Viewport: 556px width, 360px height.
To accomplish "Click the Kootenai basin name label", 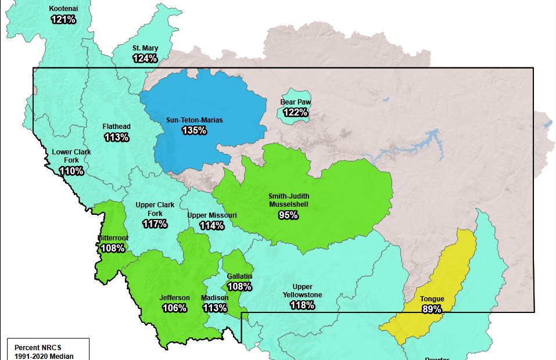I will (63, 9).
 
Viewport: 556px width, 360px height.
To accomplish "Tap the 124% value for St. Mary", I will (145, 58).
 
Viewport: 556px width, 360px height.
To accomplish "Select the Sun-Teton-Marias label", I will (194, 120).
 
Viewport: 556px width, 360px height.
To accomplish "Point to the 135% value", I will (194, 130).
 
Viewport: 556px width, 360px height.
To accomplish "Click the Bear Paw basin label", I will (295, 102).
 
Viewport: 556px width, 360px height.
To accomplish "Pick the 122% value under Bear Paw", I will (295, 112).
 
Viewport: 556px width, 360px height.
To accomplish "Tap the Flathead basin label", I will (116, 127).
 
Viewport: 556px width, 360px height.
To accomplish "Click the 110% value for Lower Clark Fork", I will (71, 171).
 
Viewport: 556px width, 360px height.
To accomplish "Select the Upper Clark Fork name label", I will (155, 209).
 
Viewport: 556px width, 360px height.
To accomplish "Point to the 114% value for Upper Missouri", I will (211, 225).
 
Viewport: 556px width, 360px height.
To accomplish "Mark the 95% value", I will (288, 215).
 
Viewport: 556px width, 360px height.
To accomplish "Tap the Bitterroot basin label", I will (113, 238).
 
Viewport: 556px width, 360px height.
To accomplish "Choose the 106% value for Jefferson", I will (174, 308).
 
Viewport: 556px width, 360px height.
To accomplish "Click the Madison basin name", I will (214, 298).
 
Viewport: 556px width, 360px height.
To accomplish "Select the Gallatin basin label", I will (239, 276).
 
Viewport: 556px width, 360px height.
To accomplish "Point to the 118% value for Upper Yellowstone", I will (302, 305).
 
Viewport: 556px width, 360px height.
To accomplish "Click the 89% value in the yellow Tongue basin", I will (432, 309).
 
